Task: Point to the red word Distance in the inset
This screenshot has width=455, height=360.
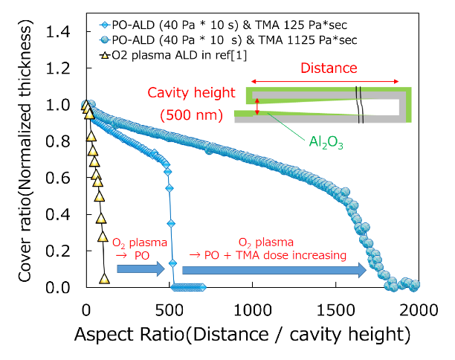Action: click(x=329, y=68)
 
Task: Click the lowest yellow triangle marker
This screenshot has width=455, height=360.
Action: click(x=104, y=279)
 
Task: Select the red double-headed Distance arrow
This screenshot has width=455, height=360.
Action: click(x=325, y=81)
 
